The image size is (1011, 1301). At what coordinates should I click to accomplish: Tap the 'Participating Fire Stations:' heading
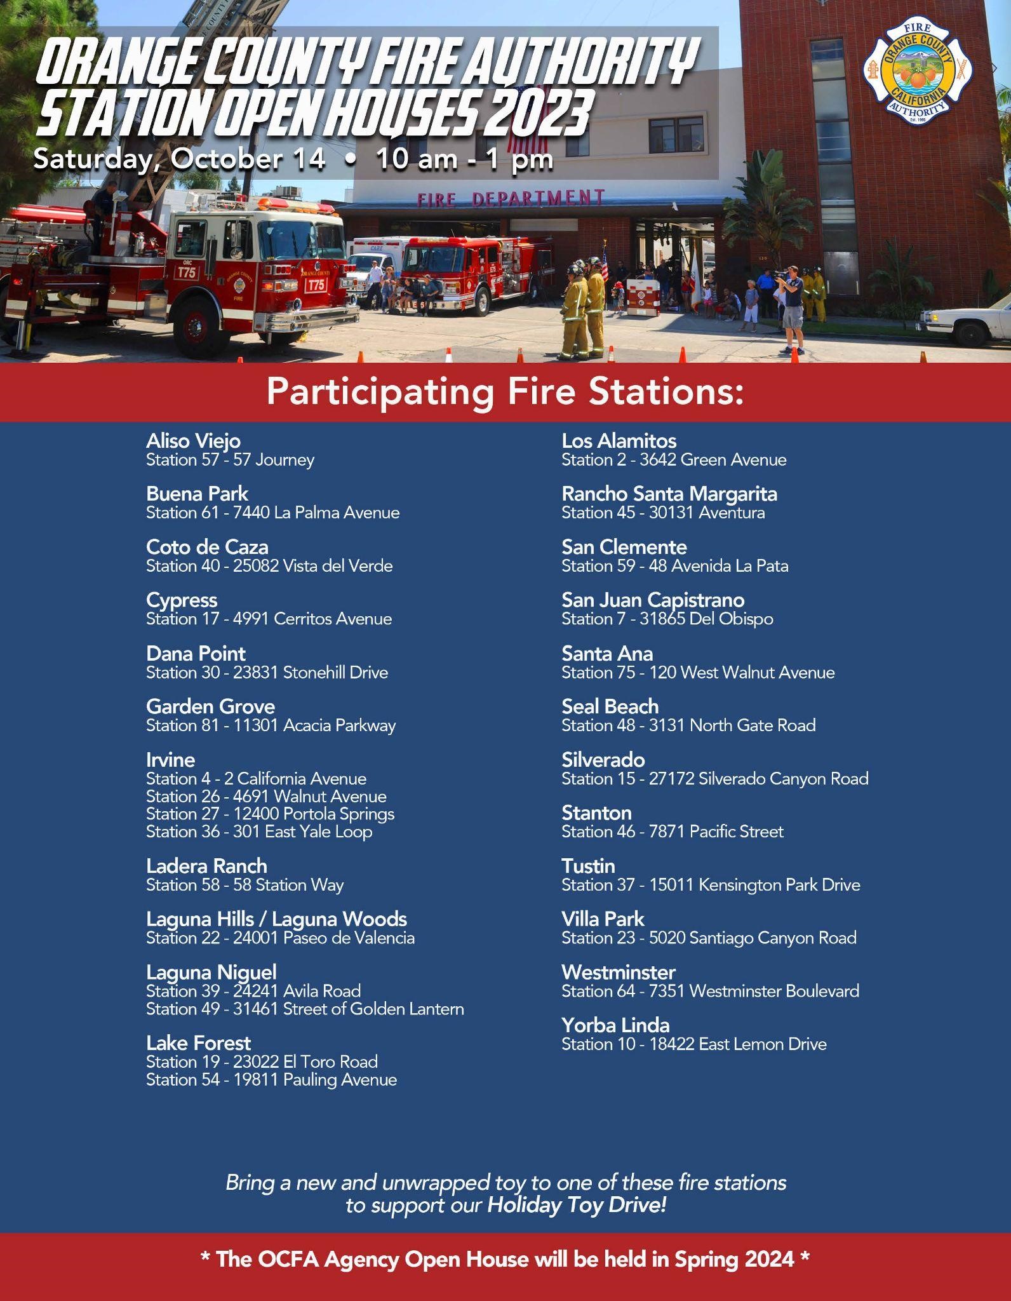505,392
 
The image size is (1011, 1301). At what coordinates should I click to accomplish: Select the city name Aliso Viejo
193,440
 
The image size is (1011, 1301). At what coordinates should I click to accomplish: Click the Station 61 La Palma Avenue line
273,513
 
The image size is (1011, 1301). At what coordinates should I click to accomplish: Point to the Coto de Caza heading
207,547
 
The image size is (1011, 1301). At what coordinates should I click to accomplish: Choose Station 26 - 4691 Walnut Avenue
266,796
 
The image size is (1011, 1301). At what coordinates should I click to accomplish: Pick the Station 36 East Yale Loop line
259,832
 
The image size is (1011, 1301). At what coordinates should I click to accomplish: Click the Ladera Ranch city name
206,866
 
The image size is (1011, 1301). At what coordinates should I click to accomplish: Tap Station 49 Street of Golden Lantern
305,1009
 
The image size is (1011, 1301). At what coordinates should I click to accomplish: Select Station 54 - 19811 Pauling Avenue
271,1080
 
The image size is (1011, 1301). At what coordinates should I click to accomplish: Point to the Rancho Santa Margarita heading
669,494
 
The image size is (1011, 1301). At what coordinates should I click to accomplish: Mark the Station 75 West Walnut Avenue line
698,672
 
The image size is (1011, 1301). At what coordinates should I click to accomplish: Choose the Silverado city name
603,760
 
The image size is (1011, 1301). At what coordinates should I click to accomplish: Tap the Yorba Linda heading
615,1025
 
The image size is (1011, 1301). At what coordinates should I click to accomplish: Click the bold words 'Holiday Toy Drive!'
577,1205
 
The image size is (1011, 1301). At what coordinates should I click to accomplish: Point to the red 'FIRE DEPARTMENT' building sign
511,199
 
